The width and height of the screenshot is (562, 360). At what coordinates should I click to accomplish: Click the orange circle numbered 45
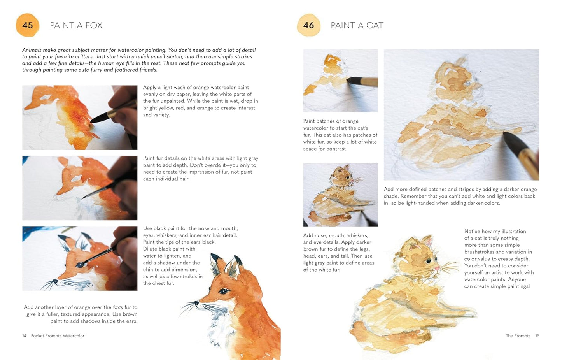[x=27, y=25]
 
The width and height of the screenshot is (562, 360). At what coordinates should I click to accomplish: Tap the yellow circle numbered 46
[x=308, y=25]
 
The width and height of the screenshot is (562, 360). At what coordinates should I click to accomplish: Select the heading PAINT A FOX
[x=76, y=25]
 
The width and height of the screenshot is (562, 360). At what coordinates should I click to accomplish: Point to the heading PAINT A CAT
[x=357, y=25]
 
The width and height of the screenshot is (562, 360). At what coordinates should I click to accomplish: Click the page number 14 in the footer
[x=24, y=336]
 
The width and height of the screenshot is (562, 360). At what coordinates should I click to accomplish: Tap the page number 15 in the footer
[x=537, y=336]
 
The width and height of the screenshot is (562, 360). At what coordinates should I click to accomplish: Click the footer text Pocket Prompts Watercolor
[x=58, y=336]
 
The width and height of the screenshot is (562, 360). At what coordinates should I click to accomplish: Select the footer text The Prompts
[x=518, y=336]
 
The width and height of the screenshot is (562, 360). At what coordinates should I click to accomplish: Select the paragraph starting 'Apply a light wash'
[x=200, y=101]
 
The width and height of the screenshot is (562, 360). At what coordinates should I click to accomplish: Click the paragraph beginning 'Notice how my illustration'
[x=499, y=258]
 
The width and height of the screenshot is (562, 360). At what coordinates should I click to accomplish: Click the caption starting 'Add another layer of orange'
[x=81, y=314]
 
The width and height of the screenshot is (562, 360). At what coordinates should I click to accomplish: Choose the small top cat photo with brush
[x=340, y=81]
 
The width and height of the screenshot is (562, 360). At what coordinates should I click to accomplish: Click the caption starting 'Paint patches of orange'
[x=340, y=135]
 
